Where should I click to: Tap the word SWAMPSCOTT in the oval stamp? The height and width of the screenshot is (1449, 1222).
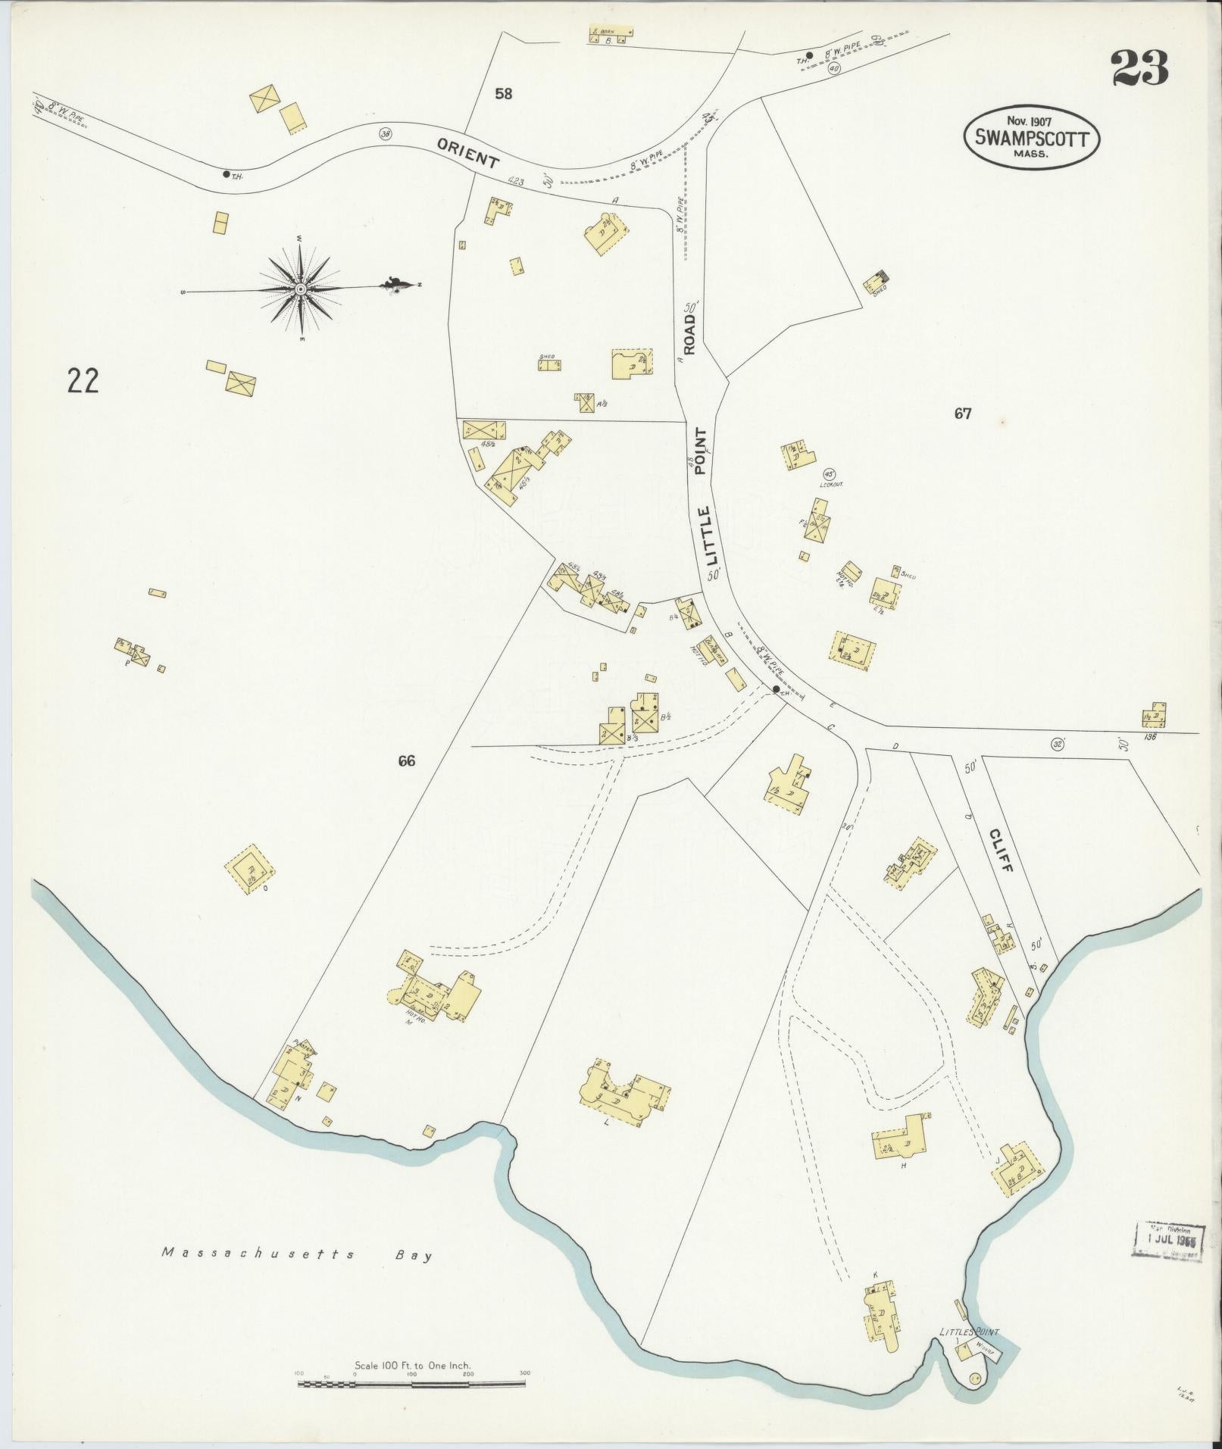1031,139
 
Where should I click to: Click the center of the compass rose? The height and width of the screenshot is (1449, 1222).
300,289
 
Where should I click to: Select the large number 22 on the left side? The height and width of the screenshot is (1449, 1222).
83,381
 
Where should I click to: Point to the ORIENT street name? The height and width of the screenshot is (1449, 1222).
467,151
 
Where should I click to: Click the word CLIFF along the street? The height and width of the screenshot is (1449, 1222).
1000,849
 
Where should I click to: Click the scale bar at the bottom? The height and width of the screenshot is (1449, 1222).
411,1383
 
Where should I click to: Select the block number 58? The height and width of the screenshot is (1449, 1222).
503,94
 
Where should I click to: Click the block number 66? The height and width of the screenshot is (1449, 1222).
407,761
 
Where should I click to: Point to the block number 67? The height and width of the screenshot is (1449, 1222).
962,414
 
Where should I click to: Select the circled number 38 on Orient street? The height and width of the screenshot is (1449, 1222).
386,133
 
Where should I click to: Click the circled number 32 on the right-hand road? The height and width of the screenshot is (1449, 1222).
1058,744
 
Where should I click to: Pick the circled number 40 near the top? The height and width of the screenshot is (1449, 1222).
834,68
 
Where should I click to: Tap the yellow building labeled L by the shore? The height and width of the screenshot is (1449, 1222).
623,1098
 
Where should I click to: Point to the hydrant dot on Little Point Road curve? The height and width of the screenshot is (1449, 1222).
776,689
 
